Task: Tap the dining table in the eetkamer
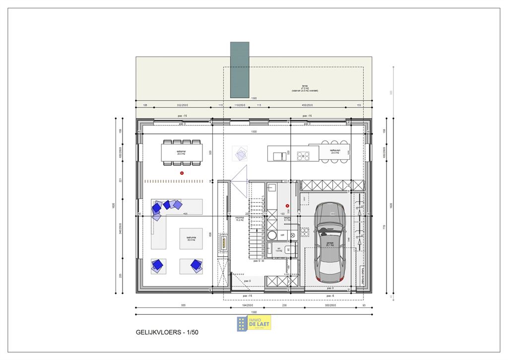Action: point(182,152)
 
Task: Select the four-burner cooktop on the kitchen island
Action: point(303,155)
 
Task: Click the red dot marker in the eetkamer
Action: point(182,173)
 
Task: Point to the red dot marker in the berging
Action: point(287,206)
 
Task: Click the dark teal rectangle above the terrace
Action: point(240,70)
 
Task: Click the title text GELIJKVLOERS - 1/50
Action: point(166,332)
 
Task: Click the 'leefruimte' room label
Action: point(191,238)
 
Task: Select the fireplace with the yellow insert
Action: point(224,243)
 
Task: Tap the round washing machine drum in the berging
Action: point(272,235)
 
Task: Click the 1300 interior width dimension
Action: point(254,132)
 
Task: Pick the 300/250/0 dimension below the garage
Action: point(329,306)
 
